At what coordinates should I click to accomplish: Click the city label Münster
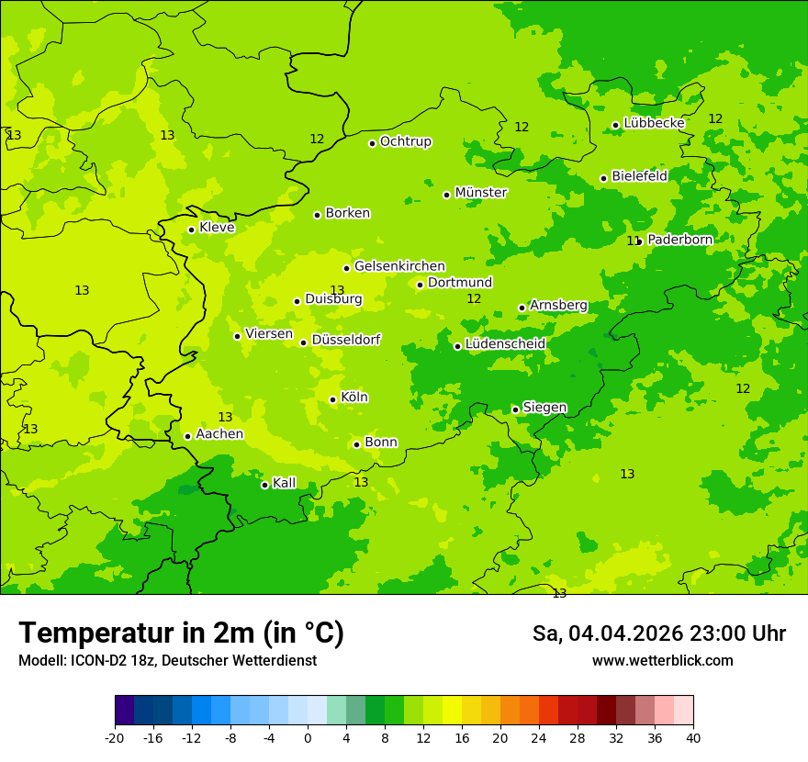480,193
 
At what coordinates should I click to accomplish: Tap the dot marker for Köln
332,399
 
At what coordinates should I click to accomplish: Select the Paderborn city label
679,240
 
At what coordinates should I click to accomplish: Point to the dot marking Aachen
187,436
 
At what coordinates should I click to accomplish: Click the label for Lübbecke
654,123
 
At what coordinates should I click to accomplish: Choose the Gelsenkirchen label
399,266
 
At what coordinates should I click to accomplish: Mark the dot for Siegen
515,409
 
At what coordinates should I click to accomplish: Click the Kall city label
285,483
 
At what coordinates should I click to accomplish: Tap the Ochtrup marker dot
372,143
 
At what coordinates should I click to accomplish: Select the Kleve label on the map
217,228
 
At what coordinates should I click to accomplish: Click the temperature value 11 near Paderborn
633,241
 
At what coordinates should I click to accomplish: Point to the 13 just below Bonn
361,482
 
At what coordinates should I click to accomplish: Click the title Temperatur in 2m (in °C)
181,633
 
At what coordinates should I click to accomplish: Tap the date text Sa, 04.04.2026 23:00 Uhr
658,633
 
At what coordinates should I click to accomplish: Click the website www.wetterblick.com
662,661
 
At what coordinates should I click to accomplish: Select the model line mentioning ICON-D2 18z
167,661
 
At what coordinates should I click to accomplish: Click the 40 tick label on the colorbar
692,738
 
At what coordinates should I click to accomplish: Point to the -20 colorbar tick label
115,738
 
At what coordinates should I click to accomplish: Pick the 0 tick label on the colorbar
308,738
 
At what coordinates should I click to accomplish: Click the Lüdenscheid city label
505,344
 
